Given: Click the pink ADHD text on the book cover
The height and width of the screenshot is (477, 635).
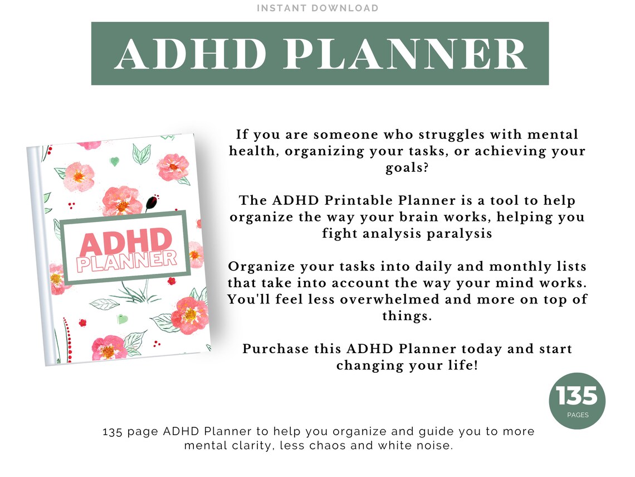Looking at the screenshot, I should point(125,241).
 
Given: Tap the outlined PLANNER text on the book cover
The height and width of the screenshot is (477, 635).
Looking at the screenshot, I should point(127,261).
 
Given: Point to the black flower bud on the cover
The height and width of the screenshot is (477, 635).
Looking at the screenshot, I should point(151,202).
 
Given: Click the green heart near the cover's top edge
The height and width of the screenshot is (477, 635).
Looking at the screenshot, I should point(115,162).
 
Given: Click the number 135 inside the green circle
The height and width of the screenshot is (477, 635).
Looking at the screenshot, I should point(577,397).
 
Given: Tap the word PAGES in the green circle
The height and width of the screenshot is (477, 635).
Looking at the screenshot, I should point(577,415).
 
